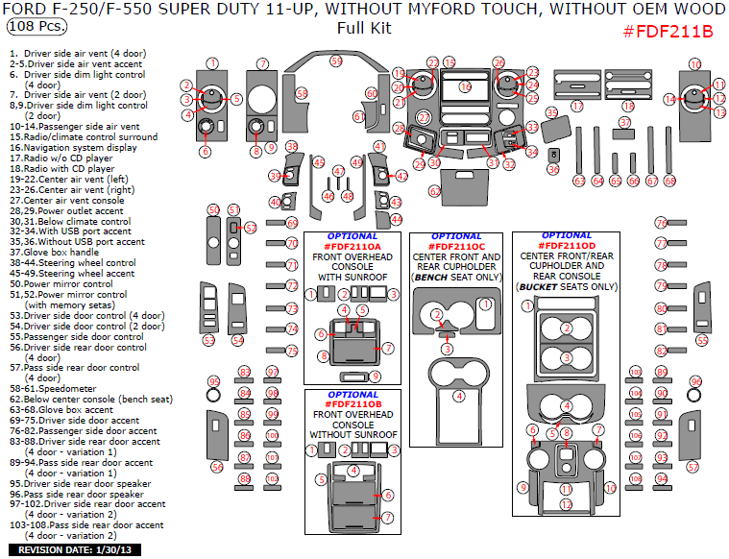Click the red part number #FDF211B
point(668,31)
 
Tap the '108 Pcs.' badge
point(31,28)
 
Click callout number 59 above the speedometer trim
point(336,61)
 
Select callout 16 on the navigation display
point(465,86)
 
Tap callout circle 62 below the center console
point(435,191)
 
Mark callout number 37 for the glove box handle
point(624,123)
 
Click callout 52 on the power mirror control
point(251,228)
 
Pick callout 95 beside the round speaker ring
point(214,381)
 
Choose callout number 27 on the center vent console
point(424,117)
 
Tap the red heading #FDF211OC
point(457,247)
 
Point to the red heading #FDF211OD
point(567,247)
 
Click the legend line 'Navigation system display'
point(73,148)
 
